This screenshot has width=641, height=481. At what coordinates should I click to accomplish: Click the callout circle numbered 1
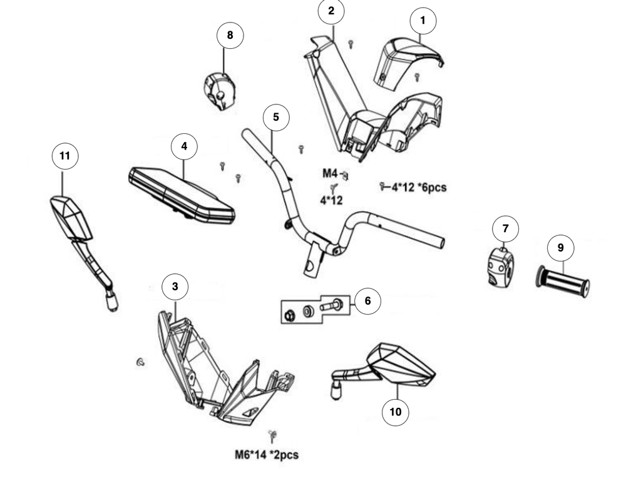pyautogui.click(x=423, y=21)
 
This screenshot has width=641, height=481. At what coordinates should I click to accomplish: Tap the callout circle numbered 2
pyautogui.click(x=331, y=11)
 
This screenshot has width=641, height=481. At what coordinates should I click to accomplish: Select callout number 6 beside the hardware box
pyautogui.click(x=367, y=301)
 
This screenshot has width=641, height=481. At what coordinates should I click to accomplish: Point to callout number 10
pyautogui.click(x=396, y=412)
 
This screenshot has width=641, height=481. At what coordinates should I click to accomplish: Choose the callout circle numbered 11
pyautogui.click(x=65, y=156)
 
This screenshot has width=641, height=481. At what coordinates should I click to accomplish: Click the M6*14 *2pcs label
pyautogui.click(x=267, y=455)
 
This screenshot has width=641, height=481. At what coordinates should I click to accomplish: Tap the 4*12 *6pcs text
pyautogui.click(x=419, y=188)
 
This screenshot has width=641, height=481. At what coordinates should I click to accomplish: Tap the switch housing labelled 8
pyautogui.click(x=220, y=92)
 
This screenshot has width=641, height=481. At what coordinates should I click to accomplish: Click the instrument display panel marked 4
pyautogui.click(x=182, y=195)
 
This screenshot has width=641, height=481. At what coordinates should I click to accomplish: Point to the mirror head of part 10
pyautogui.click(x=401, y=365)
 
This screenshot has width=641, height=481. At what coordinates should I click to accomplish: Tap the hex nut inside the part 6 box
pyautogui.click(x=288, y=315)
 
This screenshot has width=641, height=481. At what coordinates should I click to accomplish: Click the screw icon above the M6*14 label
pyautogui.click(x=272, y=436)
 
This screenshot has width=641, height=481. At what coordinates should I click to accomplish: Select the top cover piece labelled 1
pyautogui.click(x=408, y=63)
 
